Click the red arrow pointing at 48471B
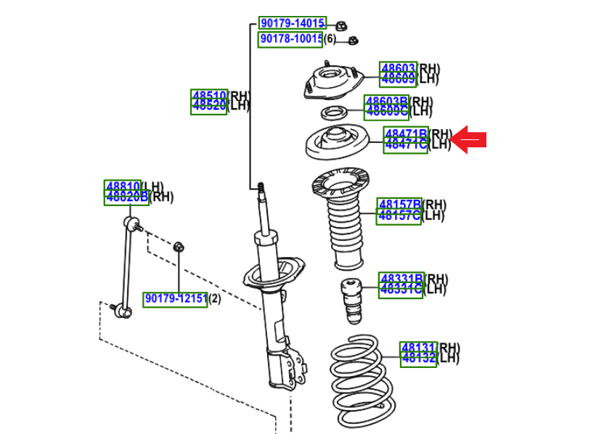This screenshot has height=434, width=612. tap(471, 139)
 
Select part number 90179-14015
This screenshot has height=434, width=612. tap(293, 24)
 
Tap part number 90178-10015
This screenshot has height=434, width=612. tap(291, 39)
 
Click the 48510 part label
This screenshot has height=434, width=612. tap(210, 96)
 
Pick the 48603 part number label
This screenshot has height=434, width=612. tap(399, 69)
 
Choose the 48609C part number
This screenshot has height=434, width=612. tap(387, 111)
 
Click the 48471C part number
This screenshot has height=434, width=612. tap(406, 144)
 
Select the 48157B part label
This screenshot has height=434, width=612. tap(399, 205)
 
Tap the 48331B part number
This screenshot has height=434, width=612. tap(401, 279)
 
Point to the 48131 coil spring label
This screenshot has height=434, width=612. tap(418, 348)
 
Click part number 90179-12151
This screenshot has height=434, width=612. tap(176, 299)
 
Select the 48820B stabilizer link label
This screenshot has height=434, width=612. tap(127, 197)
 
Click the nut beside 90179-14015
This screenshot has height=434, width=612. tap(340, 26)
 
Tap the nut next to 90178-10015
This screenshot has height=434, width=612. tap(354, 41)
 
